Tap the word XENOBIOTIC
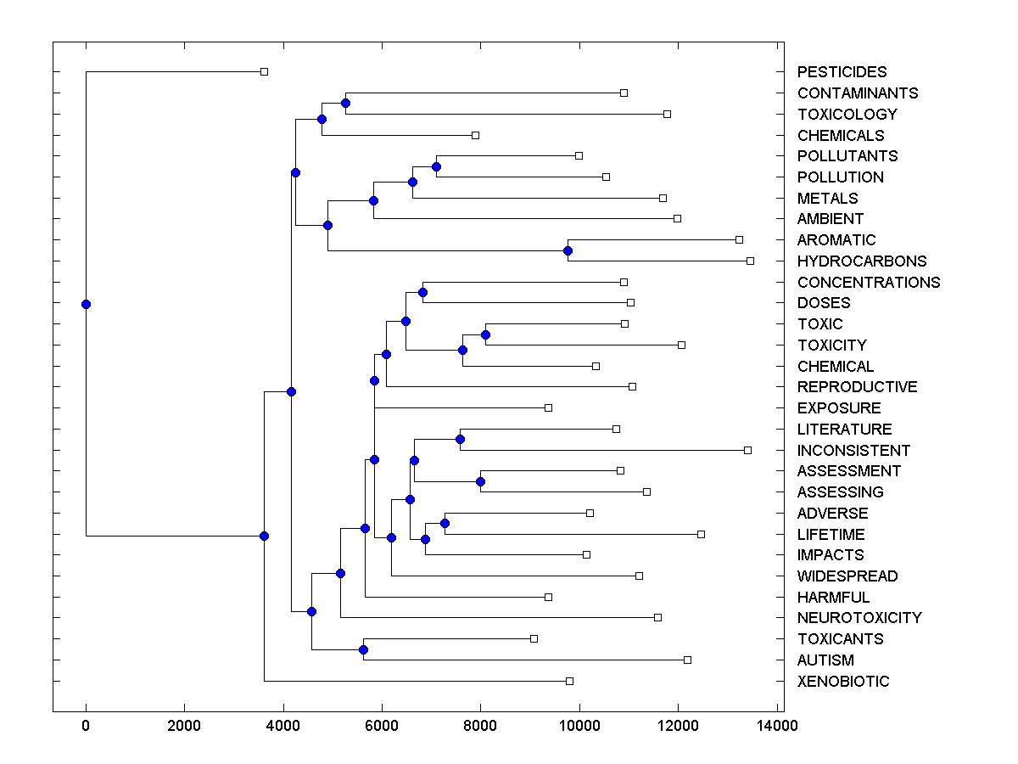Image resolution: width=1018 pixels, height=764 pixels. coord(843,682)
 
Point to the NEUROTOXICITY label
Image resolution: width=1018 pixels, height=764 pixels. coord(859,618)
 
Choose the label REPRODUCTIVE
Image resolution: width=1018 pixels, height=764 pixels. coord(857,387)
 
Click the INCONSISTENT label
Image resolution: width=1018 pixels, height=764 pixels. coord(853,451)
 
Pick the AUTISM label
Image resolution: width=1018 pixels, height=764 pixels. coord(825,660)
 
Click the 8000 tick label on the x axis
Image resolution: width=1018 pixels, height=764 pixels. coord(480,726)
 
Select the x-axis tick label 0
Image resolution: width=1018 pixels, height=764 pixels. coord(86,726)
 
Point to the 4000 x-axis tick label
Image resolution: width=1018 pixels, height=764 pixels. coord(283,726)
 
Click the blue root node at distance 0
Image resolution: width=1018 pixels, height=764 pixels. coord(86,304)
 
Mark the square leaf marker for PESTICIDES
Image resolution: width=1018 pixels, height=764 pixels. coord(264,72)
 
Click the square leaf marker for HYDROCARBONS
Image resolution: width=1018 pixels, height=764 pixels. coord(750,261)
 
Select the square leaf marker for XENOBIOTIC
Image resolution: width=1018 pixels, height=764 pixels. coord(569,681)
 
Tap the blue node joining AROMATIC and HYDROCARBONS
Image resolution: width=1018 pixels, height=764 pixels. coord(568,250)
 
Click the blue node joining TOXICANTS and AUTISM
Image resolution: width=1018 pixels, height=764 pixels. coord(363,649)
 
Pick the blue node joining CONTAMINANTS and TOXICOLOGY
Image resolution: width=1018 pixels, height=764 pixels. coord(345,104)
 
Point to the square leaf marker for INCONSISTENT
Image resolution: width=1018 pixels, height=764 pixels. coord(747,450)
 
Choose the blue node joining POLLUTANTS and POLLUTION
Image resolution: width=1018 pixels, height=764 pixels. coord(436,166)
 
